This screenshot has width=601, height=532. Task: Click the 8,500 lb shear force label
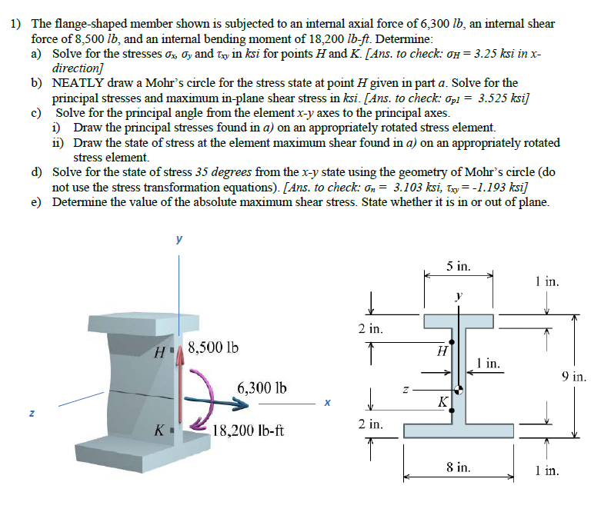(212, 347)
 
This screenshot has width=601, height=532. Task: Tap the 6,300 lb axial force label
(262, 387)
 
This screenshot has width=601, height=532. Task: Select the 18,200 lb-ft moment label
(249, 431)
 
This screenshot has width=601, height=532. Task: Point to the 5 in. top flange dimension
(459, 267)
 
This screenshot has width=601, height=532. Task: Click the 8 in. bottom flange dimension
(459, 467)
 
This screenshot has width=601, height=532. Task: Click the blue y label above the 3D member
(180, 239)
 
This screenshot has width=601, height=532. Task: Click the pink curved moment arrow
(202, 400)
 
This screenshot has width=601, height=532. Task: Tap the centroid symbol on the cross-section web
(459, 388)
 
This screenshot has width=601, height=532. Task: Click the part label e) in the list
(36, 202)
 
